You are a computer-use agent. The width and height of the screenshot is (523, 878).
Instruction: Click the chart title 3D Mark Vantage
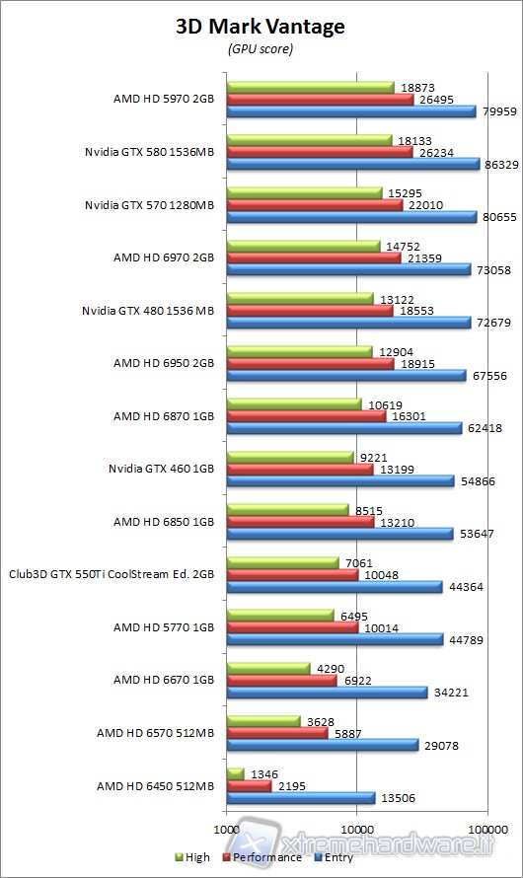pos(261,27)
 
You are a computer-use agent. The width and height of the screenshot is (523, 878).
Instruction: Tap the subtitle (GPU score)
pos(261,47)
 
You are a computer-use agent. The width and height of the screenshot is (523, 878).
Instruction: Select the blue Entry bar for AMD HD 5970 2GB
pos(350,111)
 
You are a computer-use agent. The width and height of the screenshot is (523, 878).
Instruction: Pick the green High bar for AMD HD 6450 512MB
pos(236,772)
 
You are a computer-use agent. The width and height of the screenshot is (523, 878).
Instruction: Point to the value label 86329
pos(500,165)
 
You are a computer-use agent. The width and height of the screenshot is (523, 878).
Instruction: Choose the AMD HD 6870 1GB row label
pos(164,416)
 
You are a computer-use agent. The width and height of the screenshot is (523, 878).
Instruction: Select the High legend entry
pos(192,857)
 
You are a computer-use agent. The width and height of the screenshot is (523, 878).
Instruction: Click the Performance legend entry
pos(261,857)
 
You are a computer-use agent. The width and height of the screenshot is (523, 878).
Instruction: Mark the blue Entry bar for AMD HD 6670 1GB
pos(327,693)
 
